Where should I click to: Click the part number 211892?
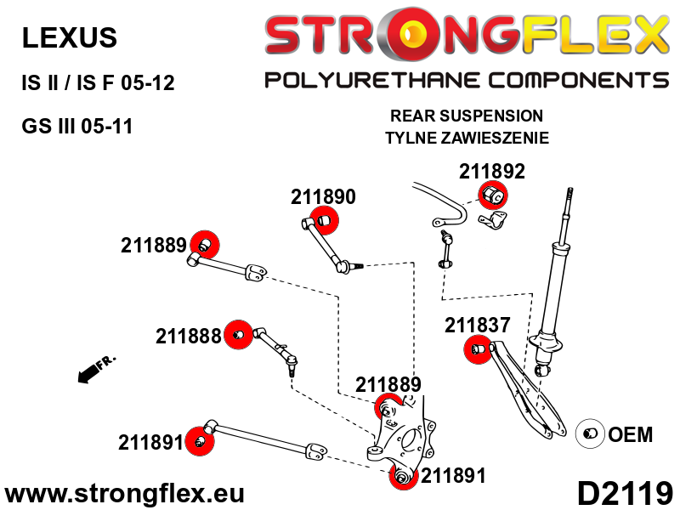point(492,172)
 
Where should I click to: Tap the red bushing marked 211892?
point(493,195)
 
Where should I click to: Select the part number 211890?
point(323,197)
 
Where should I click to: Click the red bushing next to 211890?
point(324,220)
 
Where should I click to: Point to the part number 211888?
point(188,336)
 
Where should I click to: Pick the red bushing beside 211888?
point(239,335)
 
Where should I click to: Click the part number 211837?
point(477,325)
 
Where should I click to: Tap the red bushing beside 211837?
point(479,349)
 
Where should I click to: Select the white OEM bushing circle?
point(590,433)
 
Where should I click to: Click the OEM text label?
point(630,434)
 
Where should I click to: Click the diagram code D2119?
point(625,493)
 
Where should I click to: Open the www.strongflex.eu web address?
point(124,494)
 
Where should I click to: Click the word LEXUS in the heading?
point(70,37)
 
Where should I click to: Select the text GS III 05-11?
point(76,126)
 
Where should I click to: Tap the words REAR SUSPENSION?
point(467,116)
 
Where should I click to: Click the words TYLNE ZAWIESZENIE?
point(467,138)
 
